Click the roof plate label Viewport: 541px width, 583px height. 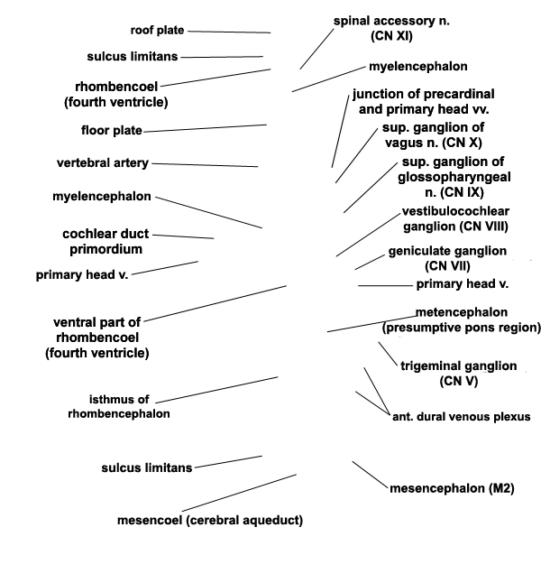157,30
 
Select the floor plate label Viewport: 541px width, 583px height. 112,130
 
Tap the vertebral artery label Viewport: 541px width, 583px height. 103,162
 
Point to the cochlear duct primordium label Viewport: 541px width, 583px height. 105,241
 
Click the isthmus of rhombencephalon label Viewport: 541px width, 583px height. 119,406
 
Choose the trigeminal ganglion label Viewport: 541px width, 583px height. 459,374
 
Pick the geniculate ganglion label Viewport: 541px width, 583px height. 447,258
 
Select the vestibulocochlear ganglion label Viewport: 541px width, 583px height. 455,218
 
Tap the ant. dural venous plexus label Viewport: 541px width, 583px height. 462,416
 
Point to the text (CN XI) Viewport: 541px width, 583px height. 391,36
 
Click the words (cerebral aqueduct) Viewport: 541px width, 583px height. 244,520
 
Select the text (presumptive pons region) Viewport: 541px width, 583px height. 461,328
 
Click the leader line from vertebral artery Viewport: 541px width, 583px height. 205,165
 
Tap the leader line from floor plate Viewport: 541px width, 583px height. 205,128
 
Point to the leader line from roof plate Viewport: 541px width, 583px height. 229,32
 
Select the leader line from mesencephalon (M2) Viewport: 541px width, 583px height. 370,475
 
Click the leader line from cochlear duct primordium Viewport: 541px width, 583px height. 183,236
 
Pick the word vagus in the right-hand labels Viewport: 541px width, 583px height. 404,143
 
